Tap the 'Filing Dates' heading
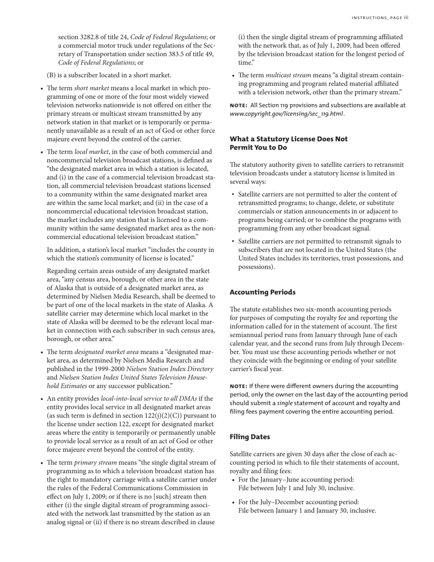coord(249,437)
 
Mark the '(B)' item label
coord(53,75)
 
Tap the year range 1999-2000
coord(107,369)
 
